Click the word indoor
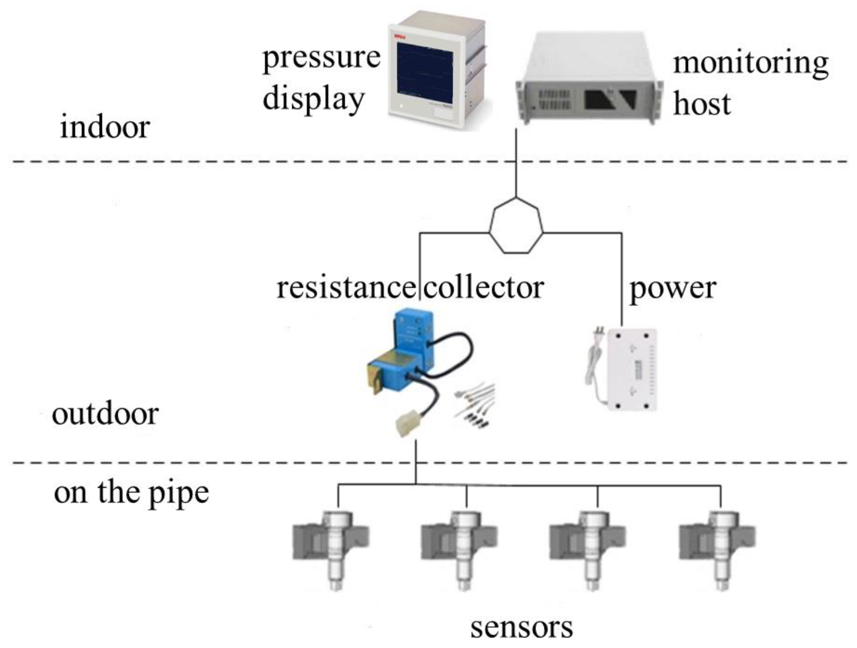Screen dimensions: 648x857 (105, 128)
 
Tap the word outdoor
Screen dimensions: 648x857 (105, 414)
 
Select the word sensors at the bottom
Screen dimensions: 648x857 (521, 628)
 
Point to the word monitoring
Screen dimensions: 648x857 (750, 63)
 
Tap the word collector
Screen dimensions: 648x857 (484, 288)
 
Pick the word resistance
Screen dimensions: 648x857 (346, 288)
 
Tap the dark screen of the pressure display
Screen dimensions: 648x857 (425, 69)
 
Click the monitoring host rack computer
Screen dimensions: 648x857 (588, 79)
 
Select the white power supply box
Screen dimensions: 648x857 (632, 369)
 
